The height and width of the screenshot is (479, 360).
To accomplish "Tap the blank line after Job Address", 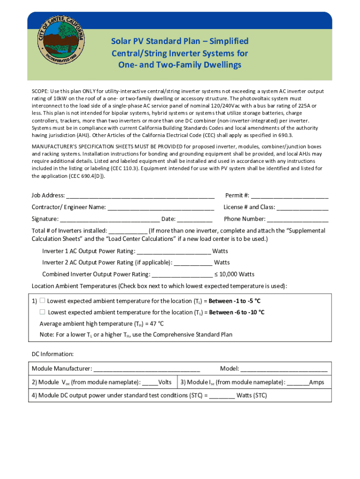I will tap(140, 196).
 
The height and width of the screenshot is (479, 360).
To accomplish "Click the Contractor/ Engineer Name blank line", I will tap(160, 207).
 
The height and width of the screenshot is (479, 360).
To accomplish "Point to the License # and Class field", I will tap(302, 207).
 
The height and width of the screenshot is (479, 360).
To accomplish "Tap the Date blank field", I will tap(195, 219).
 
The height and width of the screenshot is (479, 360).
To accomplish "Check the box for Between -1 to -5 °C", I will tap(42, 300).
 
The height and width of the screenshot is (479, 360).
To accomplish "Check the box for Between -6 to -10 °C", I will tap(42, 312).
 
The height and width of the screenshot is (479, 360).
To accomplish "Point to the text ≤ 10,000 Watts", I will tap(235, 274).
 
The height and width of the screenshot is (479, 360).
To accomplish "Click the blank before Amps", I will tap(298, 382).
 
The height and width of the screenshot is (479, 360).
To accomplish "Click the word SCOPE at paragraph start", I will tap(41, 91).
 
